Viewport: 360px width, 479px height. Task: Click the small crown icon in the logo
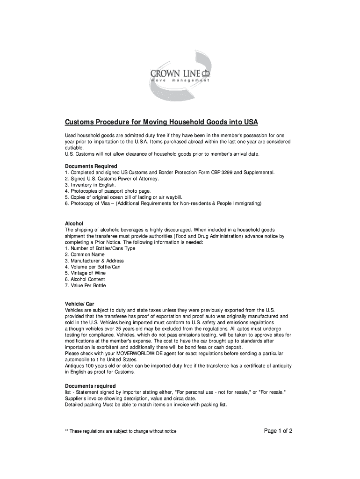(206, 73)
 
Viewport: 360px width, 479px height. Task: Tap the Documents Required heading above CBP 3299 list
(91, 166)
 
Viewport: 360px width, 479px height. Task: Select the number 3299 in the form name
(223, 173)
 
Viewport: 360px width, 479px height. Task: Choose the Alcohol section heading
(73, 224)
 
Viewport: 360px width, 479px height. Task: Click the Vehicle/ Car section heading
(79, 304)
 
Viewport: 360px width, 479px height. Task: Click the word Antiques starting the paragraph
(75, 366)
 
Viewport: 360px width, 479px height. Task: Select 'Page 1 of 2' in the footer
(278, 431)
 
